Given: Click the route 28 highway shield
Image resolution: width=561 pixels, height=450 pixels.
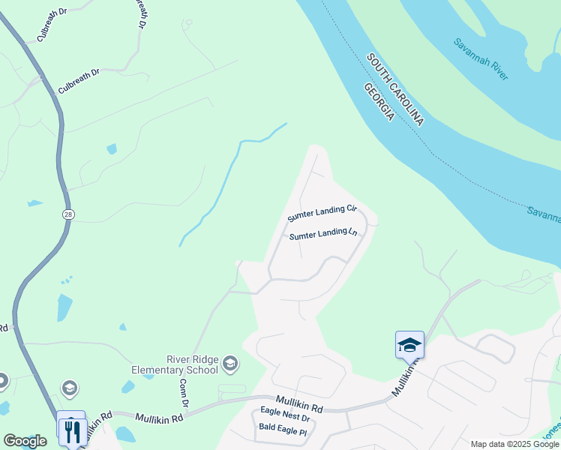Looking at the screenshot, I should (x=67, y=214).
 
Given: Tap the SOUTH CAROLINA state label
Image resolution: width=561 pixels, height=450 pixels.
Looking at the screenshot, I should (x=395, y=90).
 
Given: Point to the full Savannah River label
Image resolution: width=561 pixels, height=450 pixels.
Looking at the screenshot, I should (x=481, y=53).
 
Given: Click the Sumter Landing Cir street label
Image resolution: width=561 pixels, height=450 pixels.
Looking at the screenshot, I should (x=322, y=214).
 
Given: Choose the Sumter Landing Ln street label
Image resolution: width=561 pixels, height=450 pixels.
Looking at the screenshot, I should (x=322, y=235).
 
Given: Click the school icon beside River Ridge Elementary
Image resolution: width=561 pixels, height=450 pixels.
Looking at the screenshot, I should (x=230, y=364).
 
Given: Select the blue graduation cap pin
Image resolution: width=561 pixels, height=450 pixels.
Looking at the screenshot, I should (x=409, y=345).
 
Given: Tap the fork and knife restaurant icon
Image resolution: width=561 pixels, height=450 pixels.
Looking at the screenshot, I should (x=73, y=432).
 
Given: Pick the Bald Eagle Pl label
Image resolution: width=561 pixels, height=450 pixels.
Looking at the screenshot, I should (x=283, y=431).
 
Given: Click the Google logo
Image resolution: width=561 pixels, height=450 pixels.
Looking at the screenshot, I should (x=25, y=441).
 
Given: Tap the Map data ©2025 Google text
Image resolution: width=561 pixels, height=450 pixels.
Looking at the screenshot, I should (x=514, y=444).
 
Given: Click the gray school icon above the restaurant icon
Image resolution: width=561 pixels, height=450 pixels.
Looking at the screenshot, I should (x=70, y=388).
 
